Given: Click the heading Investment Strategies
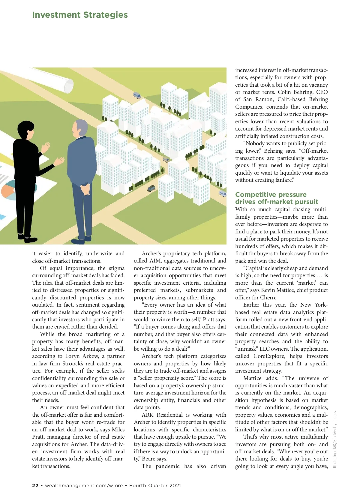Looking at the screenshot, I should click(x=80, y=15).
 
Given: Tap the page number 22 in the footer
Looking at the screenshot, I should click(x=35, y=485).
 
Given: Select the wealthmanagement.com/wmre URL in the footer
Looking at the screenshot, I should click(x=84, y=485).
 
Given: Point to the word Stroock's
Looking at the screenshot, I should click(x=73, y=363).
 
